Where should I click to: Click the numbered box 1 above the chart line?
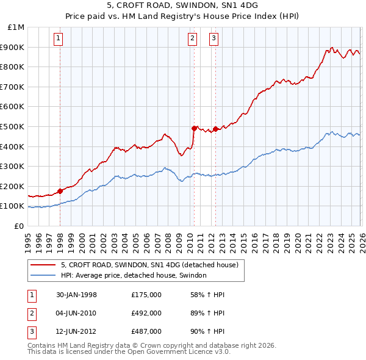(59, 38)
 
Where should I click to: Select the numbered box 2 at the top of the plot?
(193, 38)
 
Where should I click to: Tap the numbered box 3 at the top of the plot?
(215, 38)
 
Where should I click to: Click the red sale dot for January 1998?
(60, 191)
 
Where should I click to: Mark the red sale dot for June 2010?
(194, 128)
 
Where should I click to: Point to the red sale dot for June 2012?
(215, 129)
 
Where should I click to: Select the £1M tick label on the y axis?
(16, 27)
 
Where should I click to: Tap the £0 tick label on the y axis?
(19, 226)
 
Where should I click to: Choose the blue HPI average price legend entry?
(134, 276)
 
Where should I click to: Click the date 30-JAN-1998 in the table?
(76, 295)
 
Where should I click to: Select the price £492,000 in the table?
(146, 313)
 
